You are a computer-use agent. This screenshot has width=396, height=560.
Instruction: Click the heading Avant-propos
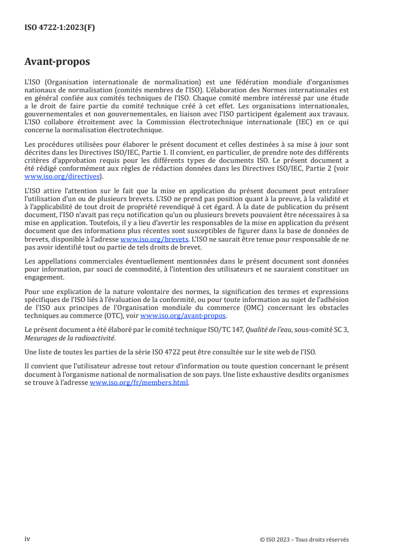[x=57, y=62]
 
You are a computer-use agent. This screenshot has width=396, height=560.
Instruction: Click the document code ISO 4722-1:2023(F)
[x=59, y=28]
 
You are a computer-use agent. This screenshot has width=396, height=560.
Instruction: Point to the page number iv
[x=27, y=539]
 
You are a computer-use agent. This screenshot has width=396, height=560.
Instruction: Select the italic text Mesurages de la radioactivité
[x=69, y=338]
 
